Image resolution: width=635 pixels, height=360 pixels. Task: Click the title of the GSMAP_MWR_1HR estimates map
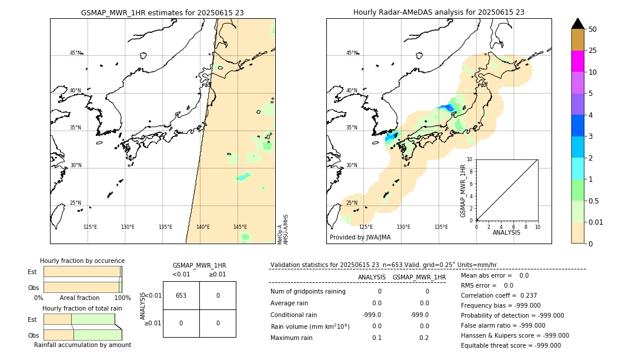coord(162,12)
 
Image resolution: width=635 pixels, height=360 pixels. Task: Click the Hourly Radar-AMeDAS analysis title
coord(439,12)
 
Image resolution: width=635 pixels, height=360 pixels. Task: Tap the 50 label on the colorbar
coord(593,29)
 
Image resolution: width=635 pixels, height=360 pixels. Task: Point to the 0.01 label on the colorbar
coord(596,222)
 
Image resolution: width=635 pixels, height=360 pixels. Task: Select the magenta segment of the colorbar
coord(577,61)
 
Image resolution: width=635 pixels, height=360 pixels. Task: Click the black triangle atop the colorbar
coord(577,24)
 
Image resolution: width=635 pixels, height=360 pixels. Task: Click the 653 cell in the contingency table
coord(181,295)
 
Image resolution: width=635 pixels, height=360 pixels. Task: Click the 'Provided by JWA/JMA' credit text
coord(360,238)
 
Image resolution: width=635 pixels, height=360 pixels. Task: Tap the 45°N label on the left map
coord(76,53)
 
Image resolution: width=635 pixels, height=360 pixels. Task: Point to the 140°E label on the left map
coord(203,227)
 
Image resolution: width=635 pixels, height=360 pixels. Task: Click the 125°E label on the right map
coord(366,227)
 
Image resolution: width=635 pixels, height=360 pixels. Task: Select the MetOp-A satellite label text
coord(279,234)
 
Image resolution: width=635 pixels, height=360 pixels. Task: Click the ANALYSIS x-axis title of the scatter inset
coord(506,232)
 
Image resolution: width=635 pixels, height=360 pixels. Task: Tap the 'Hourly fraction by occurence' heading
coord(82,261)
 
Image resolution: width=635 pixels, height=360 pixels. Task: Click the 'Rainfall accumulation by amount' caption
coord(82,345)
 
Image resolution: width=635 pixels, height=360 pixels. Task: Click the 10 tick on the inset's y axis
coord(469,159)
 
